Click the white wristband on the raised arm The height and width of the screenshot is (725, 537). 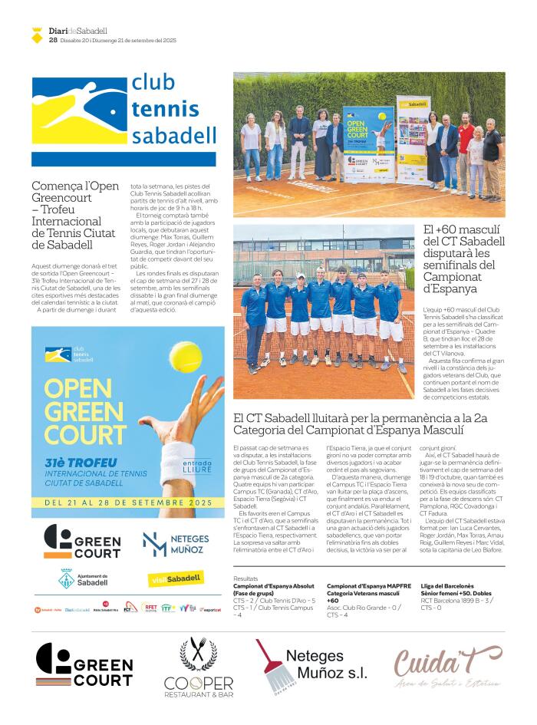coord(178,439)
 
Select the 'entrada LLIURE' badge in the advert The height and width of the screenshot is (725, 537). coord(197,466)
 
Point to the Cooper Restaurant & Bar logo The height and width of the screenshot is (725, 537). coord(198,666)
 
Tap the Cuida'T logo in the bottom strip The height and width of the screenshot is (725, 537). coord(448,666)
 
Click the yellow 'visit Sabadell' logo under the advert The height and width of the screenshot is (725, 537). coord(175,578)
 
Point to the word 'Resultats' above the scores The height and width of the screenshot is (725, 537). coord(246,578)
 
